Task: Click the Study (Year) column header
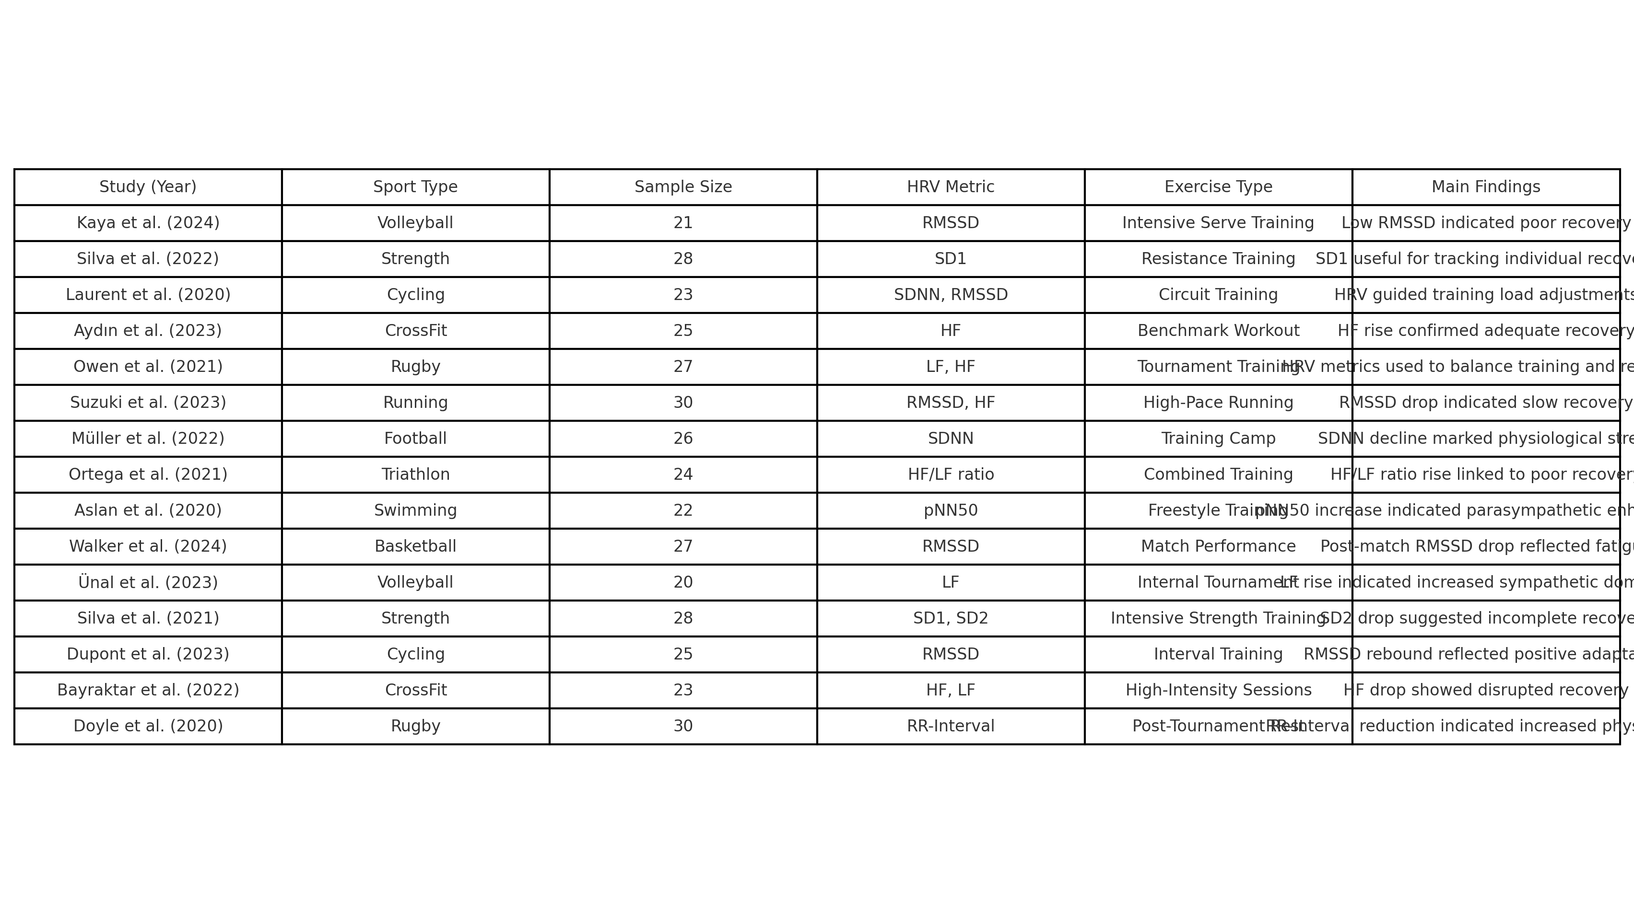[x=148, y=187]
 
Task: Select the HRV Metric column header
[x=950, y=187]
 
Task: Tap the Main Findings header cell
[x=1486, y=187]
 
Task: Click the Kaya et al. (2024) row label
[x=148, y=223]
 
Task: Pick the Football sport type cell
[x=415, y=439]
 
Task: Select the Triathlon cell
[x=415, y=475]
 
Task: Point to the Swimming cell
[x=415, y=510]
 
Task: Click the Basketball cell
[x=415, y=546]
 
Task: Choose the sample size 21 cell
[x=683, y=223]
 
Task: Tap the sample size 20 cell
[x=683, y=582]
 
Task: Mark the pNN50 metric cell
[x=950, y=510]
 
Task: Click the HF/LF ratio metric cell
[x=950, y=475]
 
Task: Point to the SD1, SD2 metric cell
[x=950, y=618]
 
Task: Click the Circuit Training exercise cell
[x=1218, y=295]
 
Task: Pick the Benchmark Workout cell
[x=1218, y=331]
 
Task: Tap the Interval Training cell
[x=1218, y=654]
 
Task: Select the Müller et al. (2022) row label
[x=148, y=439]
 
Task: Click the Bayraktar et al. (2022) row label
[x=148, y=690]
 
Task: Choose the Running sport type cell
[x=415, y=403]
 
